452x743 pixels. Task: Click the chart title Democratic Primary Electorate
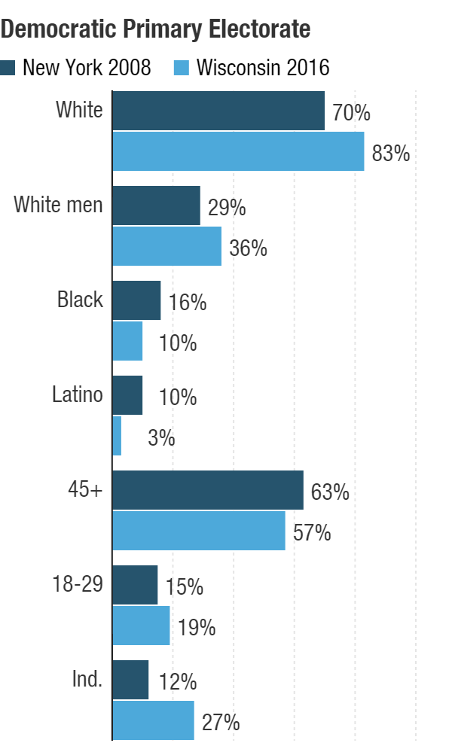[x=156, y=29]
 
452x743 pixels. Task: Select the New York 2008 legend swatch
[x=8, y=68]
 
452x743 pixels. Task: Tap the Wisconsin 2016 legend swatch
[x=182, y=68]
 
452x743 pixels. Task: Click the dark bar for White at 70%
[x=218, y=111]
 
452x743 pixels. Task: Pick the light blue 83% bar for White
[x=238, y=151]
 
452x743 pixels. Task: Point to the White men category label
[x=58, y=205]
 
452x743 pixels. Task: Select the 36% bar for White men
[x=167, y=246]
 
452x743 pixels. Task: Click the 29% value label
[x=227, y=208]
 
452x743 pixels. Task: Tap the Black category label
[x=80, y=300]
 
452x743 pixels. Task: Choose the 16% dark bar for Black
[x=136, y=300]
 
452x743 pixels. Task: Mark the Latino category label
[x=77, y=394]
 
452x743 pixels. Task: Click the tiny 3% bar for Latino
[x=117, y=436]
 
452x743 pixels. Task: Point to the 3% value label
[x=161, y=438]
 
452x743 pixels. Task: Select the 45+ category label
[x=85, y=489]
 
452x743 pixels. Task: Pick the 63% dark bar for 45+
[x=208, y=490]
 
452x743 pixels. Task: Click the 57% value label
[x=312, y=533]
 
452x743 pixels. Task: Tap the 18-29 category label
[x=78, y=583]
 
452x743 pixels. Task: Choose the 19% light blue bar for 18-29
[x=141, y=626]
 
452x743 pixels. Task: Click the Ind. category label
[x=87, y=679]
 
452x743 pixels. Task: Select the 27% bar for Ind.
[x=153, y=720]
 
